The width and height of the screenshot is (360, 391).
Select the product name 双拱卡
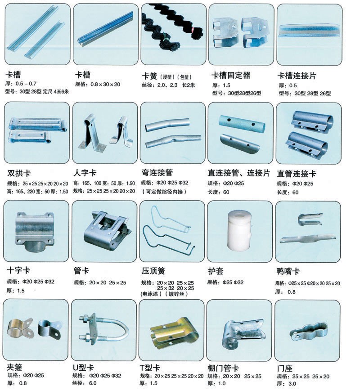pos(19,173)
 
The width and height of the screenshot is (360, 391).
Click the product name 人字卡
pos(85,173)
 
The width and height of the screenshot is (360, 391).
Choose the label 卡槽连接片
pos(297,75)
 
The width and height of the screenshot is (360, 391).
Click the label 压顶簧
pos(153,271)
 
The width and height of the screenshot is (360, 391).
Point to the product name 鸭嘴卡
pos(288,271)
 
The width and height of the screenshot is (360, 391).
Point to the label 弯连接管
pos(157,173)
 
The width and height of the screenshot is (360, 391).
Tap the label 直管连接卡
pos(297,173)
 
